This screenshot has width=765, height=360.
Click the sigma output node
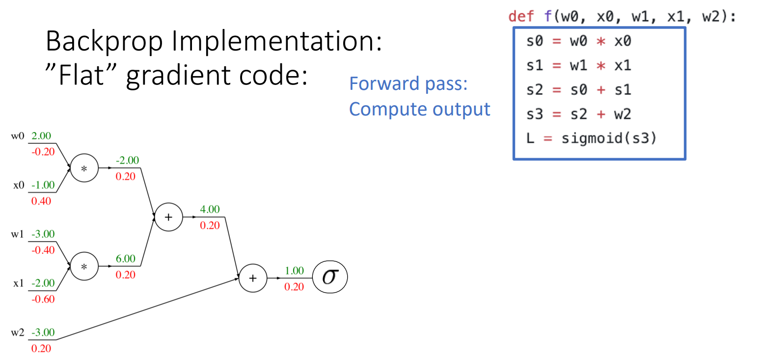330,278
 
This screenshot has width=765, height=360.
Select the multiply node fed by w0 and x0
84,168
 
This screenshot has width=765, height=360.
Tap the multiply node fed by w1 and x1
84,266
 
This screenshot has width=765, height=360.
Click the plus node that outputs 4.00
168,217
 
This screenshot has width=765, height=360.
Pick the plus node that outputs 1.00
252,278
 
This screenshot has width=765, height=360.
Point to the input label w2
18,332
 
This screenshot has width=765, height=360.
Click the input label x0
19,185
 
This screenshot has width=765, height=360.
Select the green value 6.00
125,258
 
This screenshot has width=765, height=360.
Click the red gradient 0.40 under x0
41,201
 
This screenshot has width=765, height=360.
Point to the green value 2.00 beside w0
41,136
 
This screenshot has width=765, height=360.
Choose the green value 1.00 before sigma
294,271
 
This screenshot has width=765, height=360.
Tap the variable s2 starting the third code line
535,90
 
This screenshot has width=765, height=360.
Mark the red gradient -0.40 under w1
43,250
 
